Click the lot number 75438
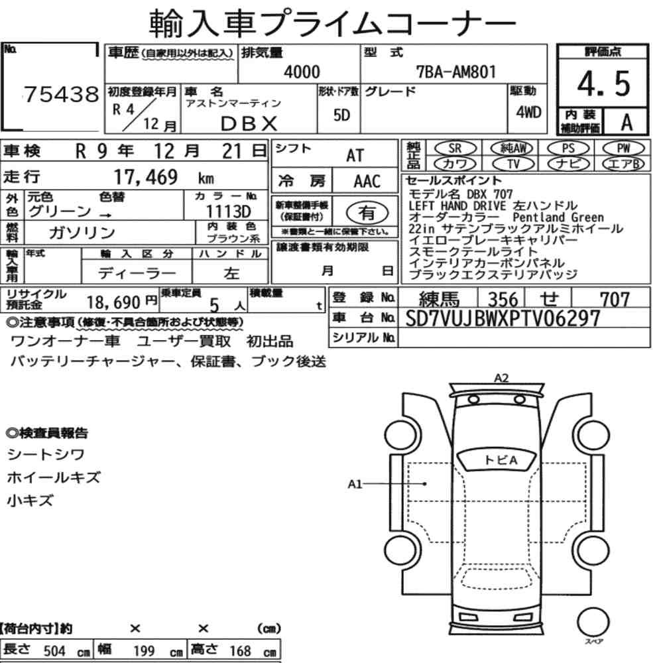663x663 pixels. click(61, 94)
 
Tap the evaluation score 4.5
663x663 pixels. click(603, 84)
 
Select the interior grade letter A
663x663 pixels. click(627, 122)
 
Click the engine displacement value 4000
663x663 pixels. click(302, 72)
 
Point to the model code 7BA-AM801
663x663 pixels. click(456, 72)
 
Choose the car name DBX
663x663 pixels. click(249, 123)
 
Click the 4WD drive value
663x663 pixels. click(528, 112)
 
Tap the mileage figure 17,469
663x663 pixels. click(145, 177)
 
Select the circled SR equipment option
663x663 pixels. click(455, 149)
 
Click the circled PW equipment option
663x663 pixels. click(623, 149)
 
